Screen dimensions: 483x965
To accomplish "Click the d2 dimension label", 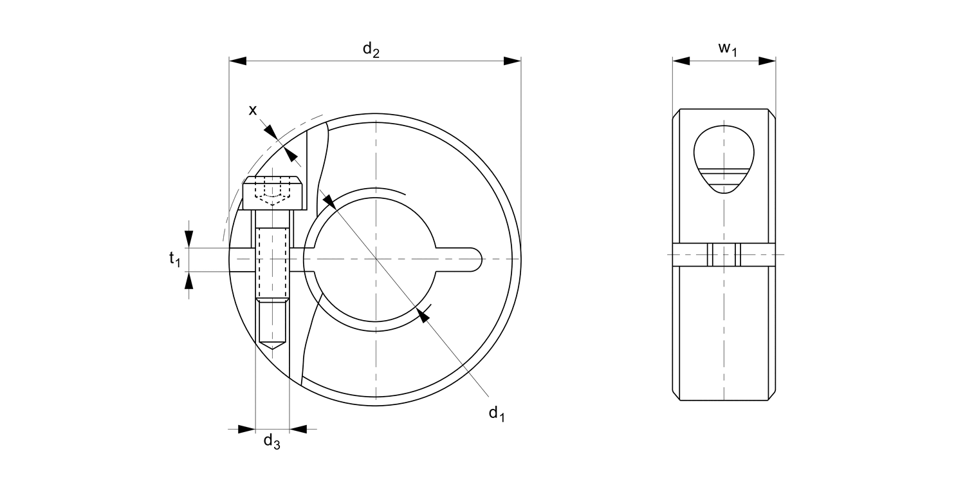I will [x=371, y=50].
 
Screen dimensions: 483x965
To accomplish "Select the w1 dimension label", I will [x=727, y=48].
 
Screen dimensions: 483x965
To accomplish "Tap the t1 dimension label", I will [x=174, y=259].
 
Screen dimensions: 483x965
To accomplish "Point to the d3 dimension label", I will [x=272, y=442].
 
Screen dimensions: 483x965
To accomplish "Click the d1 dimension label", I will [x=496, y=413].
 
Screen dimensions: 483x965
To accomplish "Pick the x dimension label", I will [x=253, y=110].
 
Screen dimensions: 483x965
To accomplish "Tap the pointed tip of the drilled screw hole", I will [x=273, y=347].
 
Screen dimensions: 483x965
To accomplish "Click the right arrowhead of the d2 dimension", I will [x=512, y=61].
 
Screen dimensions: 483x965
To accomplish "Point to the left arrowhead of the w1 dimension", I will [x=681, y=61].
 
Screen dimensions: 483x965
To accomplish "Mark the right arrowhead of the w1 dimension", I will [x=767, y=61].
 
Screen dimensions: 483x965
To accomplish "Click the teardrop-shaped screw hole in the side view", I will [x=724, y=158].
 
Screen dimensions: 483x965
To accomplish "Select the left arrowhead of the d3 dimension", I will [x=247, y=428].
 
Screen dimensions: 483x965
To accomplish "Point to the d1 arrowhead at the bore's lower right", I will [x=423, y=314].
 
